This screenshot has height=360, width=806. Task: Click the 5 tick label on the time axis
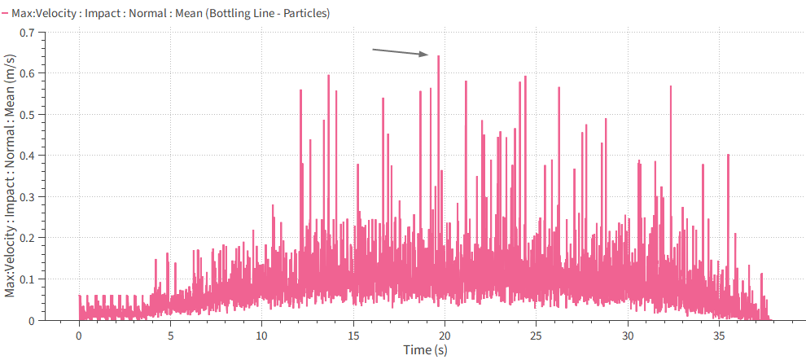point(170,335)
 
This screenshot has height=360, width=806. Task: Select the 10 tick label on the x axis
point(261,335)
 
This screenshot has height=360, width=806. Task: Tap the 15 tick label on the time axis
point(353,335)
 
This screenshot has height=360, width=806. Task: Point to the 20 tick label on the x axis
point(445,335)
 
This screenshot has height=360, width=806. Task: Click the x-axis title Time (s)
point(424,349)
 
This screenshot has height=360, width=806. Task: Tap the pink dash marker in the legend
point(6,14)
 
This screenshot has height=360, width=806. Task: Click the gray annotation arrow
point(400,53)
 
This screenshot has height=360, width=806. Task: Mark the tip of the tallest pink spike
point(438,56)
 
